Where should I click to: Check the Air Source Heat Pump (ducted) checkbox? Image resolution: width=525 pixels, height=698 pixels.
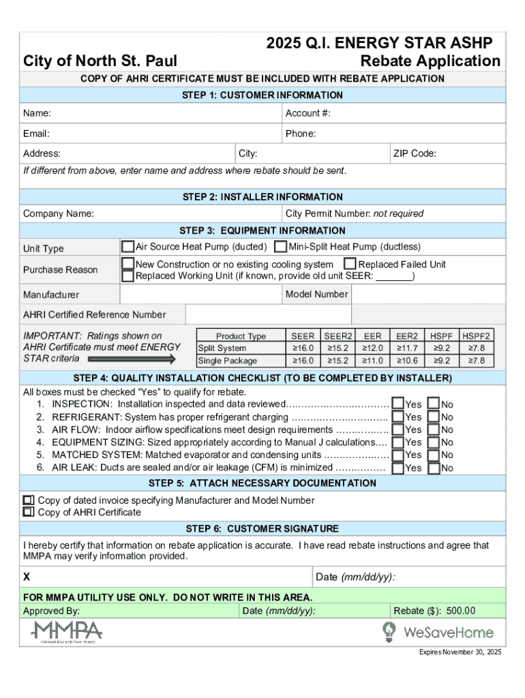[x=127, y=246]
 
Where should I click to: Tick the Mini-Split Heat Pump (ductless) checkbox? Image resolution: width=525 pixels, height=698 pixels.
[x=280, y=246]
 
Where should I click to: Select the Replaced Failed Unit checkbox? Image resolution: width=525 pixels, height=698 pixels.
[x=350, y=264]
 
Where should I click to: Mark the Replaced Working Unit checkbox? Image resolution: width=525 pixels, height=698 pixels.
[x=127, y=276]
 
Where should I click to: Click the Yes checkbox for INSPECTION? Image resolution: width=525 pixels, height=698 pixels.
[x=397, y=404]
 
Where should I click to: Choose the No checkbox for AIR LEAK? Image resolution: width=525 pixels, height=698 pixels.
[x=433, y=468]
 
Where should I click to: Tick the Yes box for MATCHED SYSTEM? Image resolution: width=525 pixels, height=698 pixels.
[x=397, y=455]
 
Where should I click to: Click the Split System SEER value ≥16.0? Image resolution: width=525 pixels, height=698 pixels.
[x=303, y=348]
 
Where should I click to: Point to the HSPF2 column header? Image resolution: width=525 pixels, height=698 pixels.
[x=476, y=336]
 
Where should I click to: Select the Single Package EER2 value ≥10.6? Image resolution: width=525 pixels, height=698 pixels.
[x=407, y=361]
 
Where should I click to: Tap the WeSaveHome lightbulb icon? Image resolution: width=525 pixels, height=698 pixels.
[x=389, y=631]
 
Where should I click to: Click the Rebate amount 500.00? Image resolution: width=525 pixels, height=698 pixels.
[x=461, y=611]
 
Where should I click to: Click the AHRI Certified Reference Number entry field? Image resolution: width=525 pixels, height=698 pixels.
[x=268, y=314]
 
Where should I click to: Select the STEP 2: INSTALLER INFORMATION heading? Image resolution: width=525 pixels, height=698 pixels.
[x=262, y=197]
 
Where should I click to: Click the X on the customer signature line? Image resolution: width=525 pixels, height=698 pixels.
[x=27, y=577]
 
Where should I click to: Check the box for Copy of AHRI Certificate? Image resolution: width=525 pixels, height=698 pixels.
[x=29, y=512]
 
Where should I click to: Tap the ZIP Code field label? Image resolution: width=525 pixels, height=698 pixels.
[x=415, y=153]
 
